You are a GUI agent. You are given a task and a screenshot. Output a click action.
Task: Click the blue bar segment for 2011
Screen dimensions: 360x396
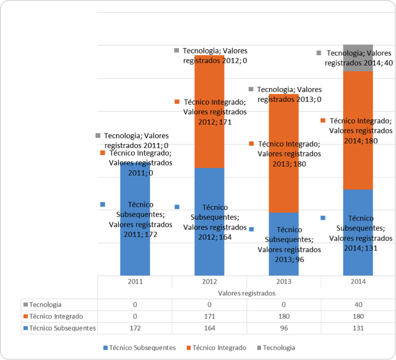[135, 254]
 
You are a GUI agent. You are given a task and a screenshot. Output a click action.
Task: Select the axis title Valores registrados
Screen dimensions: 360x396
[247, 293]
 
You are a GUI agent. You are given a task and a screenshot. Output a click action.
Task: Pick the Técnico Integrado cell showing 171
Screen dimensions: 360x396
[209, 316]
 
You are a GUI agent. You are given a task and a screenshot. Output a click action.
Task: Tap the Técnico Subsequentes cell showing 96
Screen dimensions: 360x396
[284, 328]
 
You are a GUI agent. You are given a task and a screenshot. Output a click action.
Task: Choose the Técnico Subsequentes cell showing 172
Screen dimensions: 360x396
[135, 328]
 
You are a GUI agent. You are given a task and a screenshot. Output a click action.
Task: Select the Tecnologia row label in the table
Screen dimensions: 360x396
[45, 304]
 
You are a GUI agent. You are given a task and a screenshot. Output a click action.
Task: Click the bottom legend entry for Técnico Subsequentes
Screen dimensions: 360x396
[142, 348]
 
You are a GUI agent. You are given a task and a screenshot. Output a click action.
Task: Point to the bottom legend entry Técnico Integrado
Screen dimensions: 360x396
[219, 348]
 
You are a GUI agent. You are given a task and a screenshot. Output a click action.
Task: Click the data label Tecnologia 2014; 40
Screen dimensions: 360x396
[358, 58]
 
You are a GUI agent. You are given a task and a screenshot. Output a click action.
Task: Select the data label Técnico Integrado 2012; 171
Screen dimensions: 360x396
[215, 112]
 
